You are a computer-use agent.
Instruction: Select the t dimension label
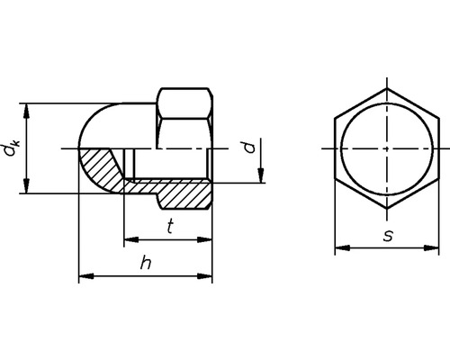(x=171, y=228)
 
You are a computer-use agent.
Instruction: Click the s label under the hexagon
(x=387, y=235)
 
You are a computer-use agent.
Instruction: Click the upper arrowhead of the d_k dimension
(x=28, y=108)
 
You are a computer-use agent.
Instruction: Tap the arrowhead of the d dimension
(x=261, y=177)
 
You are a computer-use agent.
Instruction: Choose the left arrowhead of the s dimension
(x=339, y=246)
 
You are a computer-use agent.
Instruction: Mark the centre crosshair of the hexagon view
(x=387, y=148)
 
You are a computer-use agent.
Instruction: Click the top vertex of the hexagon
(x=387, y=92)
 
